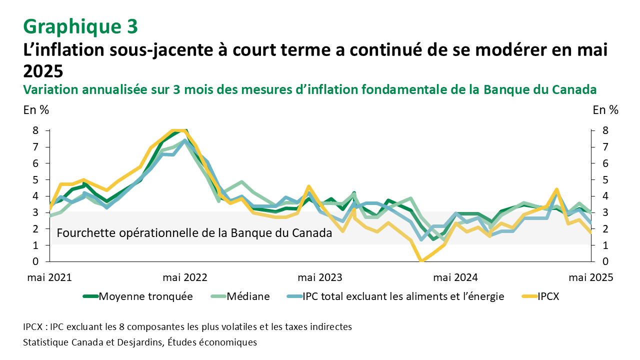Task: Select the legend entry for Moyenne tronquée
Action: pos(137,296)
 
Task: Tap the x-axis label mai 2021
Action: pos(49,277)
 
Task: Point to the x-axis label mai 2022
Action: pos(185,277)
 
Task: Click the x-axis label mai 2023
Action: pos(320,277)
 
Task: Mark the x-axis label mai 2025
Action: pos(592,277)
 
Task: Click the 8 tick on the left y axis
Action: pos(35,130)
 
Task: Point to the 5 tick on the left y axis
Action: pos(35,179)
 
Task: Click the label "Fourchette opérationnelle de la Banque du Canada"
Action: pos(194,233)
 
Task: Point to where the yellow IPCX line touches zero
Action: pos(421,260)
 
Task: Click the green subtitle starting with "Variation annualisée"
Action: pos(310,90)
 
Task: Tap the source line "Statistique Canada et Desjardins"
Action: pos(140,342)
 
